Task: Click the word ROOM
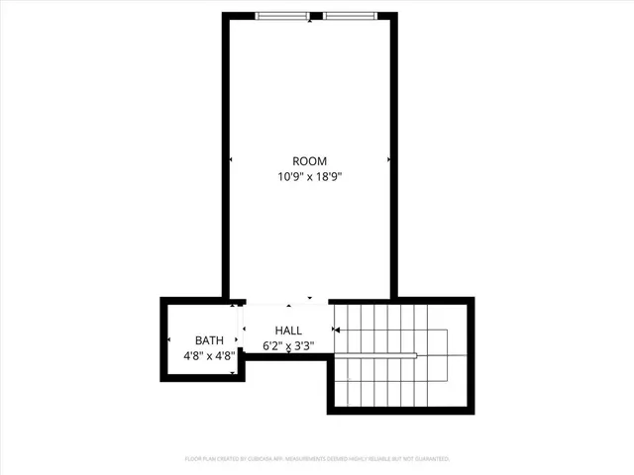pos(309,161)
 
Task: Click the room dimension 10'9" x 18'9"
pos(309,177)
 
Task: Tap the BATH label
pos(209,339)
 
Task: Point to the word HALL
pos(288,331)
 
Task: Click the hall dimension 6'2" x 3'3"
pos(288,345)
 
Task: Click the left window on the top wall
pos(281,16)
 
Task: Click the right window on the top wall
pos(350,16)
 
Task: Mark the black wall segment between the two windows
pos(315,16)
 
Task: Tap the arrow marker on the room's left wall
pos(231,159)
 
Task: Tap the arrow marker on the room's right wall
pos(389,159)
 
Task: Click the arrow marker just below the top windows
pos(310,22)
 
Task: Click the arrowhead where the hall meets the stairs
pos(337,330)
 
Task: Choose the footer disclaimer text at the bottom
pos(317,459)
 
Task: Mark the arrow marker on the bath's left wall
pos(167,342)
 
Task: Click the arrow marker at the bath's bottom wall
pos(233,373)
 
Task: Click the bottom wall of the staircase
pos(400,409)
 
